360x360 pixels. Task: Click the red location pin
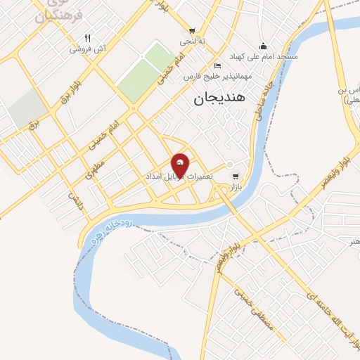(x=180, y=165)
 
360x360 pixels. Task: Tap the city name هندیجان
(x=218, y=100)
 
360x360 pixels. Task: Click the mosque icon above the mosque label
(x=263, y=45)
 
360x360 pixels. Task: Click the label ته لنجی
(x=191, y=41)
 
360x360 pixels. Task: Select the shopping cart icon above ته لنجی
(x=192, y=31)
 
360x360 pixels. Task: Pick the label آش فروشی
(x=87, y=49)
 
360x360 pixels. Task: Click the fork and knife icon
(x=88, y=39)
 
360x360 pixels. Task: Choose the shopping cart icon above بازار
(x=235, y=176)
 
